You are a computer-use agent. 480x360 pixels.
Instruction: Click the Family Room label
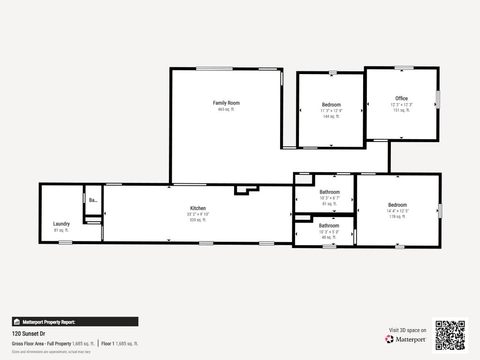[226, 103]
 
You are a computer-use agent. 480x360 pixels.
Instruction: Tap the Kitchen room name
[198, 208]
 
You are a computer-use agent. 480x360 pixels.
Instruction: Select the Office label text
[401, 98]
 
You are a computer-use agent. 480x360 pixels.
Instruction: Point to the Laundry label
[61, 224]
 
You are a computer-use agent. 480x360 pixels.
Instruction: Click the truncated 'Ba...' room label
[93, 200]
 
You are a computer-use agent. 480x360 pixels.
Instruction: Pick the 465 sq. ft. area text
[226, 109]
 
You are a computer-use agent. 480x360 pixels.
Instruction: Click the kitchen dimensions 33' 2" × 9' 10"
[198, 214]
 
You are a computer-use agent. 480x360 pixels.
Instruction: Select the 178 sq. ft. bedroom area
[397, 217]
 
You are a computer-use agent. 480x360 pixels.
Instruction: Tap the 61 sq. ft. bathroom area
[329, 204]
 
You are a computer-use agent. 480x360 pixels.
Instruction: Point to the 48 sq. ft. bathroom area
[329, 237]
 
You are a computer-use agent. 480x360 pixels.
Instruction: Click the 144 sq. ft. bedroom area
[331, 116]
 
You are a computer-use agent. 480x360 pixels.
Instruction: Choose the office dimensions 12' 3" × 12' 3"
[401, 105]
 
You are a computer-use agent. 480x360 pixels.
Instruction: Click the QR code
[450, 335]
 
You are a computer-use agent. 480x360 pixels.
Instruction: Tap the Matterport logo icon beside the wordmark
[389, 339]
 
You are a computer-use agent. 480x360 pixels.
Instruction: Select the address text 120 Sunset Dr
[29, 334]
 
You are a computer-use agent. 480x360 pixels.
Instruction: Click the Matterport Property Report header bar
[75, 322]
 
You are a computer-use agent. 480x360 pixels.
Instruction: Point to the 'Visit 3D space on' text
[407, 330]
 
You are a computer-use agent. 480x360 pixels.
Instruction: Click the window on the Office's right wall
[438, 99]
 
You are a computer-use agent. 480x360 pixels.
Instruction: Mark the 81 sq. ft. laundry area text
[61, 230]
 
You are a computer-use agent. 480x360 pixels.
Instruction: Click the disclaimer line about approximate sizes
[51, 352]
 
